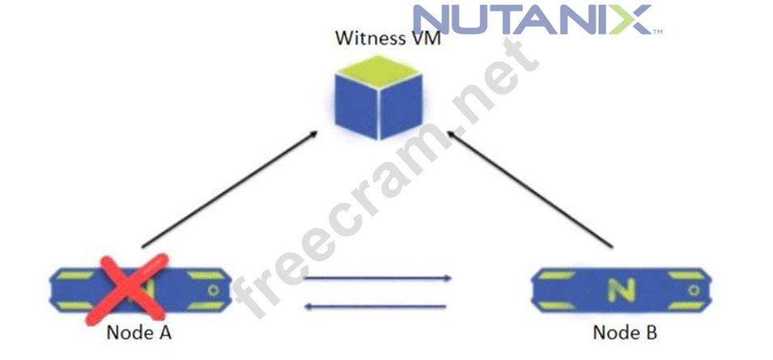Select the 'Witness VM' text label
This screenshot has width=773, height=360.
[x=389, y=38]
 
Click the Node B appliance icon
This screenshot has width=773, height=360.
[x=622, y=288]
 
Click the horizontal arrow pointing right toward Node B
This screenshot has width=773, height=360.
[x=376, y=278]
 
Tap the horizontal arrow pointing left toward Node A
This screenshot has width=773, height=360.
[x=376, y=307]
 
